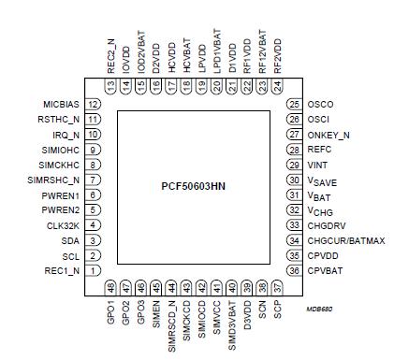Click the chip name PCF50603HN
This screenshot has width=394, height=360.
[x=195, y=187]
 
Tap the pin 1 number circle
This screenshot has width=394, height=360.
[x=94, y=270]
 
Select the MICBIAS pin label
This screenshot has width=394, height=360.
[x=61, y=104]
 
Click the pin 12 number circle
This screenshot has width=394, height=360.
[x=94, y=104]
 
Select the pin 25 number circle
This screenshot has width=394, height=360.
[x=294, y=104]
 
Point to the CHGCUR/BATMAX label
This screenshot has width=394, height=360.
[x=345, y=240]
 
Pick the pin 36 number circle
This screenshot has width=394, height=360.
[x=294, y=270]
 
